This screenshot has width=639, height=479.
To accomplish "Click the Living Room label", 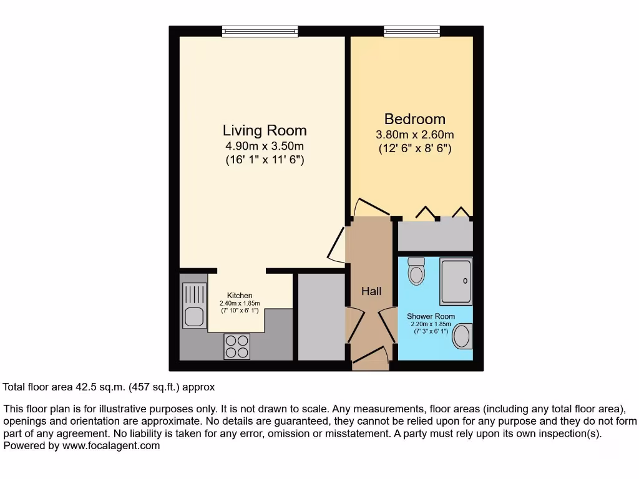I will tap(265, 130).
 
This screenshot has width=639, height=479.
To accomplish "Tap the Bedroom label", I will tap(414, 119).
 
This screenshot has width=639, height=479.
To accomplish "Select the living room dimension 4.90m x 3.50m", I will tap(265, 146).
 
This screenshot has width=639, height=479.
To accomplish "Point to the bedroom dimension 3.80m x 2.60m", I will tap(414, 134).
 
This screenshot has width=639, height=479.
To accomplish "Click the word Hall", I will tap(371, 291).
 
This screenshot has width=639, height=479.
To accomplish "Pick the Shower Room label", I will tap(431, 316).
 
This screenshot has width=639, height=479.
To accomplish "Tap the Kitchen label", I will tap(240, 296).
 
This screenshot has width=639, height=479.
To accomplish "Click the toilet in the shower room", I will tap(416, 270).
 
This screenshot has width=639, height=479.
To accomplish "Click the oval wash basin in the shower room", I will tap(462, 337).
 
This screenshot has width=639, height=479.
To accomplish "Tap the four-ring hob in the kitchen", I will tap(237, 346).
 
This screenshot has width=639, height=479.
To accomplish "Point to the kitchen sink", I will tap(193, 317).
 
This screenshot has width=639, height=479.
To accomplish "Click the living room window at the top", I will tap(259, 31).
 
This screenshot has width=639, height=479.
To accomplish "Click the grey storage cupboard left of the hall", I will tap(321, 316).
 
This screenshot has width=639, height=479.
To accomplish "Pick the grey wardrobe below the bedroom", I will tap(435, 235).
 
